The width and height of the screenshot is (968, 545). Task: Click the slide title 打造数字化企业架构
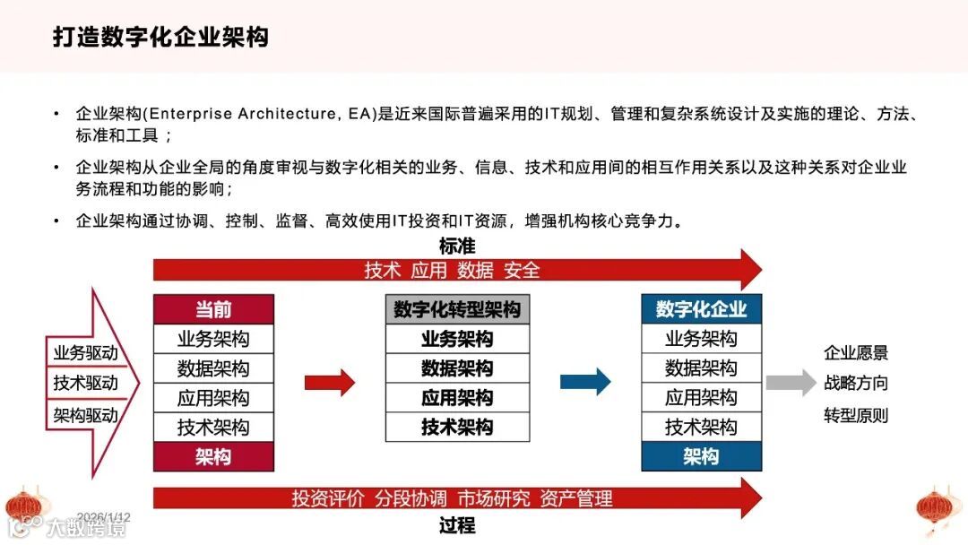click(x=160, y=38)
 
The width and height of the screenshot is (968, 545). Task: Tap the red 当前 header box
click(x=213, y=309)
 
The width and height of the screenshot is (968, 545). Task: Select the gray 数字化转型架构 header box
click(x=457, y=309)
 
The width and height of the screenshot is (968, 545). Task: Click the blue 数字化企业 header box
click(x=701, y=309)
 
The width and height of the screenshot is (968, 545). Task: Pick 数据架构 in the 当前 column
click(x=213, y=368)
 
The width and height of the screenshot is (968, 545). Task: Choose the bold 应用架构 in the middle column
click(x=457, y=398)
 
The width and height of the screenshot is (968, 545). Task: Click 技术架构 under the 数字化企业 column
click(x=701, y=428)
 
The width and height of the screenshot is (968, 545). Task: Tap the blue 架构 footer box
click(x=701, y=456)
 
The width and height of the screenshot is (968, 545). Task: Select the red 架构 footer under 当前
click(x=213, y=456)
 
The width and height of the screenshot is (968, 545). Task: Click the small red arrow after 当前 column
click(x=329, y=383)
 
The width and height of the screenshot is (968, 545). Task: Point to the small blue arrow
click(x=584, y=383)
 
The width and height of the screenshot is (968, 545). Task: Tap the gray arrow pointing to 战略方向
click(x=790, y=383)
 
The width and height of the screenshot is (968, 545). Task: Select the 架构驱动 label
click(x=85, y=415)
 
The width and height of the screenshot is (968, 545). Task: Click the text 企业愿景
click(x=856, y=353)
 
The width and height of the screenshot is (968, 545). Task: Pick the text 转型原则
click(x=856, y=415)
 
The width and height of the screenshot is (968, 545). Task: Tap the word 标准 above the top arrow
click(x=457, y=246)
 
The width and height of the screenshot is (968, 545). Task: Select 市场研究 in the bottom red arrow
click(x=493, y=498)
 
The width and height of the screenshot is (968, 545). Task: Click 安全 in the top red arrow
click(x=522, y=270)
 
